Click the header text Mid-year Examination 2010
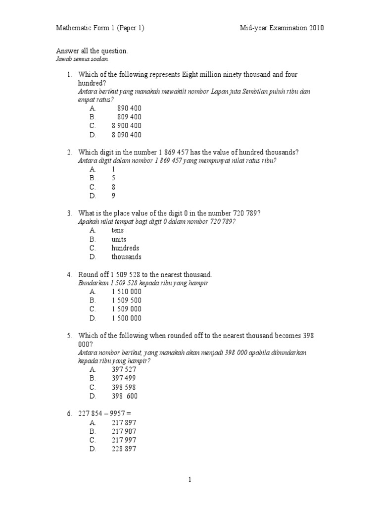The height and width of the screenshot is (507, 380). coord(282,28)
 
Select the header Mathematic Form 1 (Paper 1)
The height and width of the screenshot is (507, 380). coord(100,28)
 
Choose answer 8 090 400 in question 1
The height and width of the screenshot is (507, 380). coord(126,135)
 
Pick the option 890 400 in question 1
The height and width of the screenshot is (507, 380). coord(129,108)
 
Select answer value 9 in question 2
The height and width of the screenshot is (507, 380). coord(113,196)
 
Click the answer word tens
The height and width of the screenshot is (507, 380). coord(118,230)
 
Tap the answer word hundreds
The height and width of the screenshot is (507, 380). coord(125,248)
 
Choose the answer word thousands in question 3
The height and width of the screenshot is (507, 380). coord(126,257)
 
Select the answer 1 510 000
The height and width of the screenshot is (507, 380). coord(126,292)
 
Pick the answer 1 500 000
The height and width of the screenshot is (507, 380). coord(126,318)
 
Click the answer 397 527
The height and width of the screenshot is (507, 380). coord(124,369)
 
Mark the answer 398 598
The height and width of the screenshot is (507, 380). coord(124,387)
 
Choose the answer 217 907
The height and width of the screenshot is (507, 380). coord(124,431)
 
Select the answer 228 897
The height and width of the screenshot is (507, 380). coord(124,449)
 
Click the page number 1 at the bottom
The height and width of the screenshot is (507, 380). coord(190,480)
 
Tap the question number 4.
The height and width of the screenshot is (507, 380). coord(70,274)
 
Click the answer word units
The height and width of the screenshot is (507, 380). coord(119,239)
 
